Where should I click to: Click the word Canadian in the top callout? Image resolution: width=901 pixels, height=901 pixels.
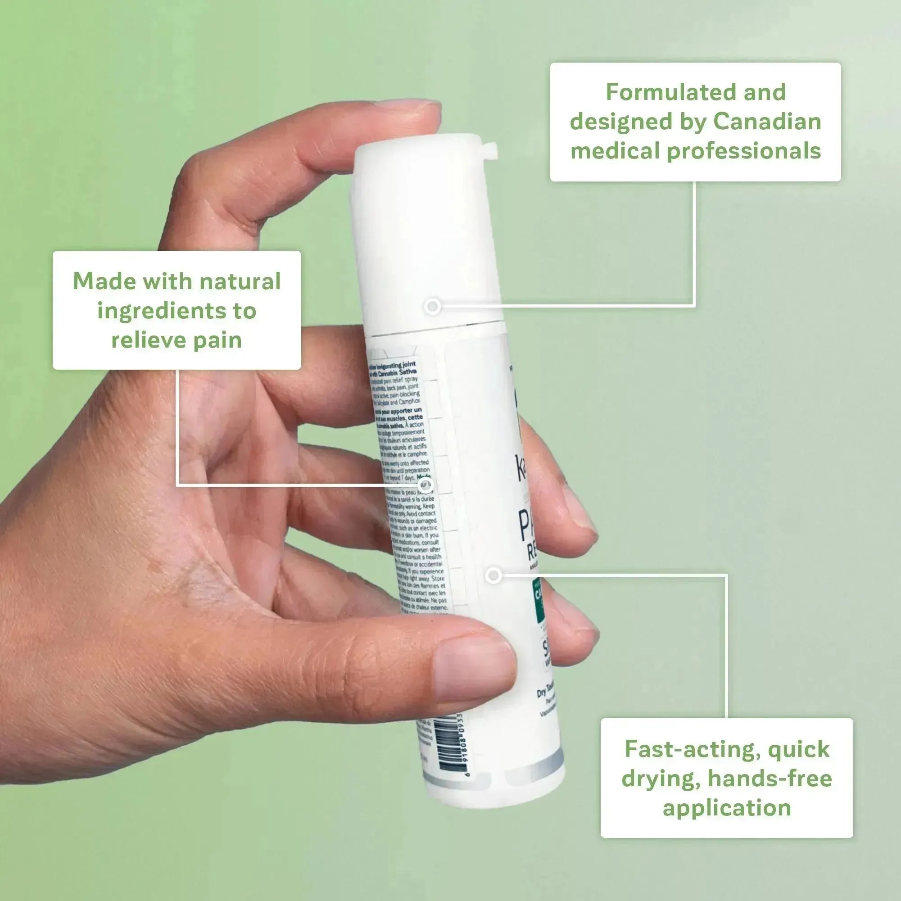point(767,122)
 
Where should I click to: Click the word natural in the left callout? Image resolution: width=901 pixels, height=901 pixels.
point(240,281)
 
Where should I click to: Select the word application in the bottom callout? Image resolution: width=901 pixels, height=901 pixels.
point(727,808)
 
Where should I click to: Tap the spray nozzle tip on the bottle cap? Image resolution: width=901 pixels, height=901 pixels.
point(490,151)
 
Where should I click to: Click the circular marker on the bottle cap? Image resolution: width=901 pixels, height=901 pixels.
point(433,306)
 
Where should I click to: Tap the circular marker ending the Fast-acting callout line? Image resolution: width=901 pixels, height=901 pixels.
point(494,575)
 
